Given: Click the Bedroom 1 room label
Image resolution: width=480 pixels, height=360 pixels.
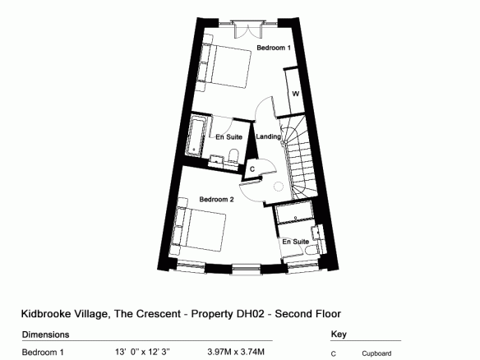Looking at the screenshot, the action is [274, 48].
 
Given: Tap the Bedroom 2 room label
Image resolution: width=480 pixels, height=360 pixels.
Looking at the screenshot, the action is [216, 200].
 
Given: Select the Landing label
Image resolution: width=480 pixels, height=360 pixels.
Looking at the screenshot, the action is [269, 136].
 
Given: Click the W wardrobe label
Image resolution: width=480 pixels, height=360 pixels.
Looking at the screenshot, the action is [295, 94].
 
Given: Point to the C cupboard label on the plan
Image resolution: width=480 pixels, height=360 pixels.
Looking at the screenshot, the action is [252, 169].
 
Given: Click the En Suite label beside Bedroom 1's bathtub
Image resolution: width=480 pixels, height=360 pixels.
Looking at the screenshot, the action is [229, 137].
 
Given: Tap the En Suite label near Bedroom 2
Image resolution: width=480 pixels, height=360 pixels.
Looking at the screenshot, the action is [295, 242].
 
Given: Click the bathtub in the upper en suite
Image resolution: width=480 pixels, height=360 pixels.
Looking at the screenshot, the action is [195, 136].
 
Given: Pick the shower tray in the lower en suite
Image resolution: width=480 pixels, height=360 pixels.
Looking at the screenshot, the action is [294, 214].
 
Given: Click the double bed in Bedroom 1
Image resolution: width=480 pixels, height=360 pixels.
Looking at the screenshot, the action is [225, 66].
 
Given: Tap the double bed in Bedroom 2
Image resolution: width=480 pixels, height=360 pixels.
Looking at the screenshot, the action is [200, 228].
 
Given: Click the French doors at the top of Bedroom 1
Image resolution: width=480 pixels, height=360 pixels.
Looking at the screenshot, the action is [248, 30].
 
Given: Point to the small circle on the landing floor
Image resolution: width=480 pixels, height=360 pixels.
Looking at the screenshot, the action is [279, 187].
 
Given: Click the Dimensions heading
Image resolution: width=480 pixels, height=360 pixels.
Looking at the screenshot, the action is [45, 335].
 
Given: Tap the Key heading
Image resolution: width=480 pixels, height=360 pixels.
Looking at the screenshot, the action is [339, 335].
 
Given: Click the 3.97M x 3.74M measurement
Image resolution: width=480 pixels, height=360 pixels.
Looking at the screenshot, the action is [236, 352].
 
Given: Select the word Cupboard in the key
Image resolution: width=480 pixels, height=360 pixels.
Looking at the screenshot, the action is [376, 354].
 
